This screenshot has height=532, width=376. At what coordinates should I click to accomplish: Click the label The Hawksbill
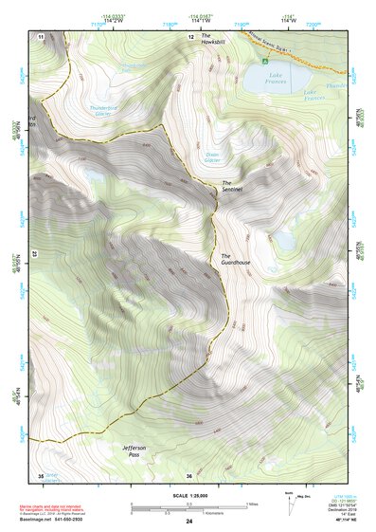click(211, 40)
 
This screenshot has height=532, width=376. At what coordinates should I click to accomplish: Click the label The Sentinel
click(232, 187)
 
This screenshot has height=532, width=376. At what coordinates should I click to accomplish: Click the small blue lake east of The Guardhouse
click(284, 241)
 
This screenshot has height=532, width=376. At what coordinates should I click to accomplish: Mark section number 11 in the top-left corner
click(41, 36)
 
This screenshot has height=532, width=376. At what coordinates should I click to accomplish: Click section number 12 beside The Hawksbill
click(189, 36)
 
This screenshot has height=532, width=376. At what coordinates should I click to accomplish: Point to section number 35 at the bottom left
click(41, 474)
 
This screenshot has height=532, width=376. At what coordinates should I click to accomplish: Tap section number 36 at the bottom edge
click(189, 474)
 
